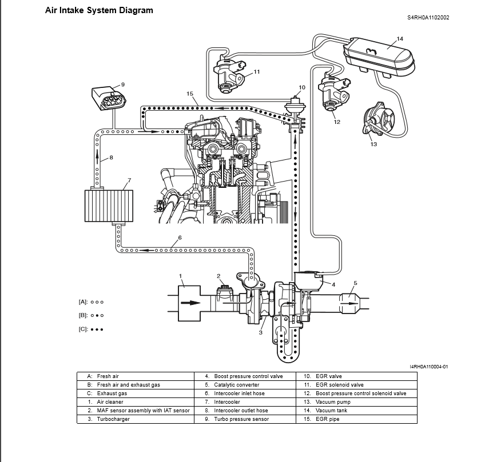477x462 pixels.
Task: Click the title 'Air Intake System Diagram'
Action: (x=99, y=10)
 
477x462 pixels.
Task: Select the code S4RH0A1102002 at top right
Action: (x=428, y=17)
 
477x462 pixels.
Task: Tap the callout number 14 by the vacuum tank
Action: (x=400, y=39)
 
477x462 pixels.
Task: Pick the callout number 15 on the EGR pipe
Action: (x=190, y=93)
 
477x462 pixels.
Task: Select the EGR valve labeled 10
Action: (x=295, y=107)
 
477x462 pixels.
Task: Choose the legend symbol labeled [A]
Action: (x=98, y=302)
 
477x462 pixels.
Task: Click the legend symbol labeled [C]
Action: (x=98, y=330)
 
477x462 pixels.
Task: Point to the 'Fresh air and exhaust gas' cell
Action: (x=129, y=385)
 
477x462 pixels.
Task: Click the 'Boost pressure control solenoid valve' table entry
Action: (x=361, y=393)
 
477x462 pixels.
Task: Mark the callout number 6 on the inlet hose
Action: (x=180, y=238)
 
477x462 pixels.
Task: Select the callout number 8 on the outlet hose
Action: (x=111, y=158)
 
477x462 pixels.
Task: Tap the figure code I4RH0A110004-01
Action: (x=429, y=367)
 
